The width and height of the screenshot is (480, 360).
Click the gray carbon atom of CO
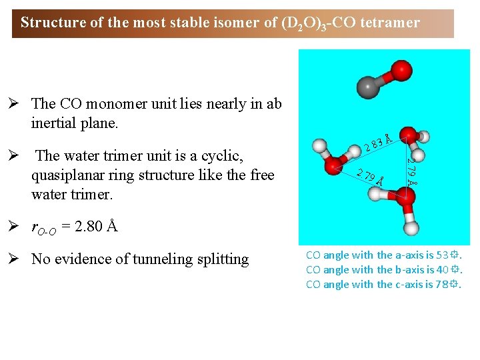pyautogui.click(x=369, y=86)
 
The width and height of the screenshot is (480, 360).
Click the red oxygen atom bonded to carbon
pyautogui.click(x=400, y=69)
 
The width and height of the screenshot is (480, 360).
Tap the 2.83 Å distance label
pyautogui.click(x=377, y=140)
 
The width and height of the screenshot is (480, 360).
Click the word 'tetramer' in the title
pyautogui.click(x=390, y=23)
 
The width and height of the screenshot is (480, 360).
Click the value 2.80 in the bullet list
pyautogui.click(x=89, y=227)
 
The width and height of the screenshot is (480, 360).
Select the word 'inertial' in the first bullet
pyautogui.click(x=54, y=123)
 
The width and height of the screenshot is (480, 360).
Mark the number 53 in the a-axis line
pyautogui.click(x=442, y=255)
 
